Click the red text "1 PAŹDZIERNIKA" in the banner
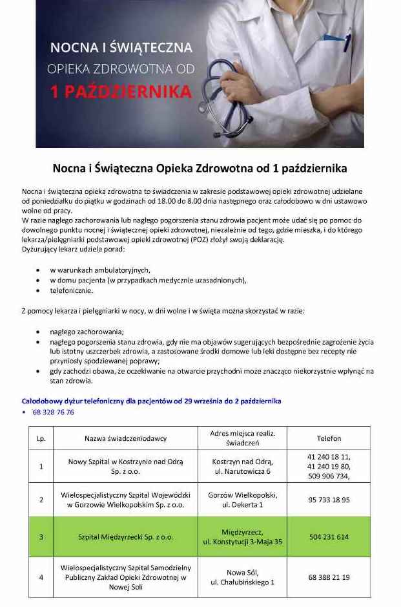pos(121,92)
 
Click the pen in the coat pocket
pos(347,39)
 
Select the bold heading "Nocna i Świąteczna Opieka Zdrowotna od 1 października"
pos(200,168)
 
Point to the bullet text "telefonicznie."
pos(71,290)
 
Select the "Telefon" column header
pos(329,438)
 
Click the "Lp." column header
pos(41,438)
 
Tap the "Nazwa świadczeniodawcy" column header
pos(125,438)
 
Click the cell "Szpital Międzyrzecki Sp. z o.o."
pos(125,537)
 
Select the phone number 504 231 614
pos(329,537)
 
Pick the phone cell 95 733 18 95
pos(329,500)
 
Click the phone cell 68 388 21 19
pos(329,577)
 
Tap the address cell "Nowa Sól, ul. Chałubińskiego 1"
pos(242,577)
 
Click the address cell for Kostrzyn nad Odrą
pos(242,466)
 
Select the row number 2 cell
pos(41,500)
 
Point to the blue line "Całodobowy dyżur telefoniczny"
pos(151,401)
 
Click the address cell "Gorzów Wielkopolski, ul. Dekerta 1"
pos(242,500)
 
